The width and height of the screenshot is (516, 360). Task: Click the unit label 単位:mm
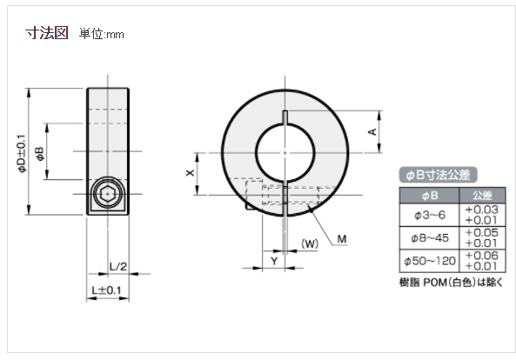click(102, 34)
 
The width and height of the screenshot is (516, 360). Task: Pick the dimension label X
click(191, 174)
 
